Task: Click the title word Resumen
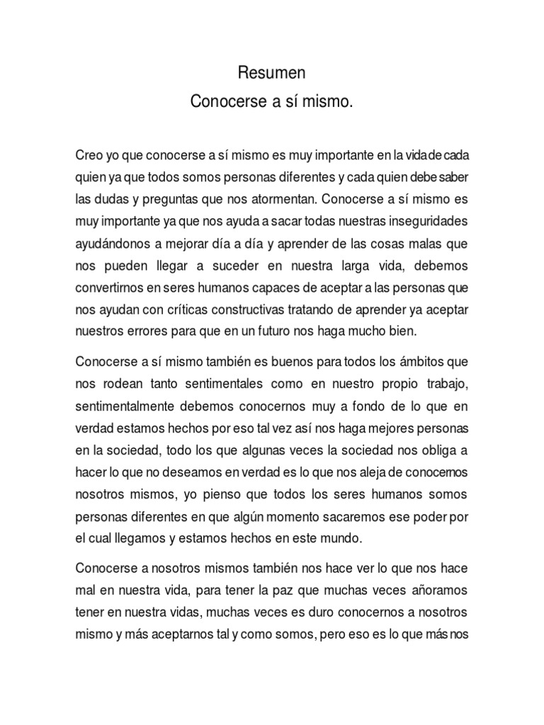271,73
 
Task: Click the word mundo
340,538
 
